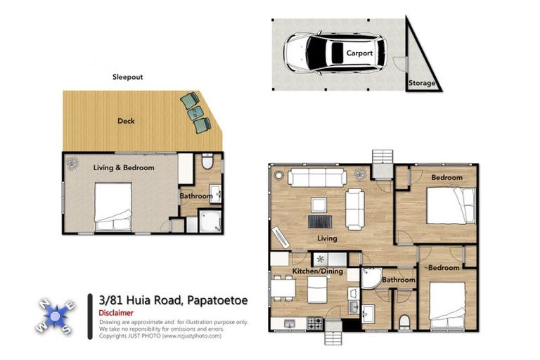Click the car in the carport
(335, 53)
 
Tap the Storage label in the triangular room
(422, 83)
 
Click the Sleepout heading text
(127, 77)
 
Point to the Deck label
(126, 121)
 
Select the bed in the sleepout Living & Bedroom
(113, 207)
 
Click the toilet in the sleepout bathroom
(207, 162)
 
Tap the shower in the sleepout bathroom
(210, 221)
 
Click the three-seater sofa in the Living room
(317, 177)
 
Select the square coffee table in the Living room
(319, 205)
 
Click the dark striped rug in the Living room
(320, 221)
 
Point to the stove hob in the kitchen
(315, 323)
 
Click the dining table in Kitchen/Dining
(283, 288)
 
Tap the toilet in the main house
(405, 322)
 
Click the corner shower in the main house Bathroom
(371, 278)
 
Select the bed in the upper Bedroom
(451, 205)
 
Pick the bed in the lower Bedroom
(447, 306)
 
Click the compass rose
(55, 316)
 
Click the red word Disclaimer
(116, 313)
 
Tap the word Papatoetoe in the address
(217, 300)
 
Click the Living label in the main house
(327, 238)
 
